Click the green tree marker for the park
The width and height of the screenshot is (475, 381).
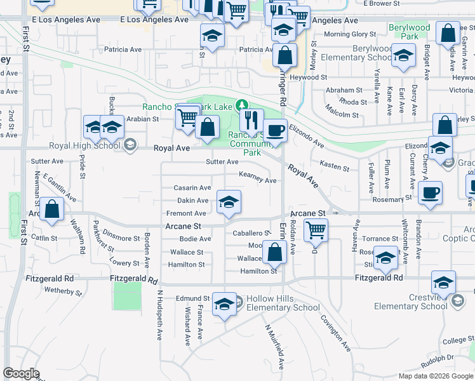pyautogui.click(x=241, y=105)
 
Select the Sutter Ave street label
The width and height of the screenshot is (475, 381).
pyautogui.click(x=222, y=162)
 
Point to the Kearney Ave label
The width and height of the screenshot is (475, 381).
pyautogui.click(x=257, y=180)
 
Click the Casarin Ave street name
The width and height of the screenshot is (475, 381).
pyautogui.click(x=192, y=188)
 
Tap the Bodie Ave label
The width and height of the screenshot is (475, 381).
pyautogui.click(x=195, y=239)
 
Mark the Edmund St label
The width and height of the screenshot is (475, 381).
pyautogui.click(x=192, y=298)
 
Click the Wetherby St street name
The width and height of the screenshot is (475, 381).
pyautogui.click(x=63, y=291)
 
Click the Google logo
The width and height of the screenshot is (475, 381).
pyautogui.click(x=21, y=373)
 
